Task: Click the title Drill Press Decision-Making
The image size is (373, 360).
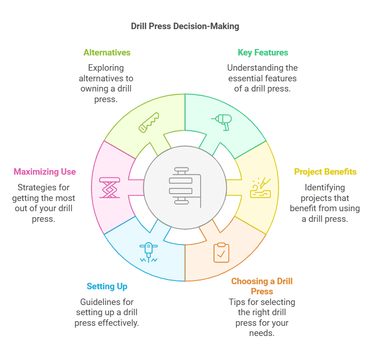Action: [185, 26]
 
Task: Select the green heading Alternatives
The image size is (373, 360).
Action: [107, 53]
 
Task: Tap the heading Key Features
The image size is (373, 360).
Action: [263, 53]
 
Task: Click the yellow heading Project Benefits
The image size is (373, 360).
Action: [325, 172]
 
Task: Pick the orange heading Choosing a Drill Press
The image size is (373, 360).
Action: [262, 286]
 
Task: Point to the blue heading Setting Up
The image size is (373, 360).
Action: [107, 287]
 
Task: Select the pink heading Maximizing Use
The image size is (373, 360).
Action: [45, 172]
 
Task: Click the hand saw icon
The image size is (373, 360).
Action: [149, 122]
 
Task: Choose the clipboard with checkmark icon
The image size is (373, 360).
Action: [221, 253]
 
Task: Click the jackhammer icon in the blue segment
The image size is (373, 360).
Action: [148, 252]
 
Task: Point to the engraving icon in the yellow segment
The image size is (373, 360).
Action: [259, 187]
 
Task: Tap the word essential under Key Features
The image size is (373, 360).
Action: [244, 78]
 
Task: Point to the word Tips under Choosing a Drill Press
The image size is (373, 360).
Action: [238, 302]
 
